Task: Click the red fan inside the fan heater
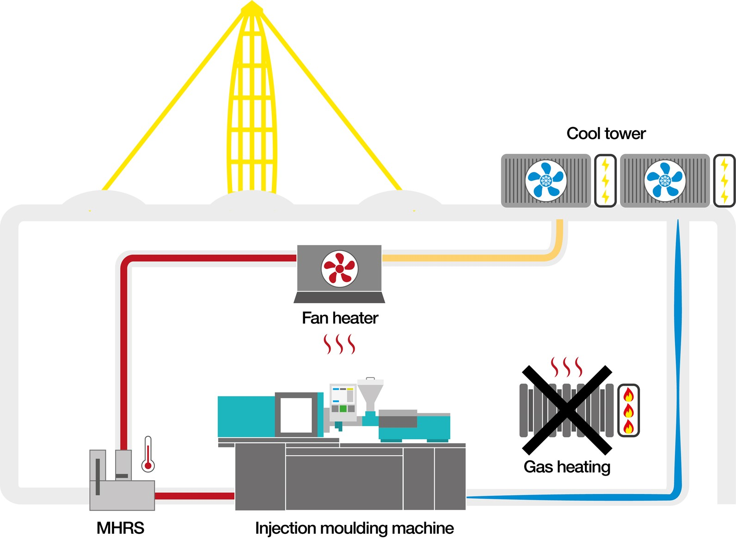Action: tap(339, 269)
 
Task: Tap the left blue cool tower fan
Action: tap(546, 181)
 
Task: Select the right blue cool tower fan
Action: tap(664, 181)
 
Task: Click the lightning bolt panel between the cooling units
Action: tap(605, 181)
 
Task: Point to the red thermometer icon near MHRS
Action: tap(148, 454)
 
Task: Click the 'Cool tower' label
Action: tap(606, 134)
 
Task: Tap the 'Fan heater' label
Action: tap(340, 318)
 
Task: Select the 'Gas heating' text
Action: tap(567, 467)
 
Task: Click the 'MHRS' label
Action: tap(120, 528)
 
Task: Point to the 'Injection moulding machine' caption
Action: tap(354, 528)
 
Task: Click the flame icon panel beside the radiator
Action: tap(628, 410)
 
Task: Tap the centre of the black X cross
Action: tap(567, 410)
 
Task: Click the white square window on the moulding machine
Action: tap(296, 415)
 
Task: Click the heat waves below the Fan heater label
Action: tap(339, 344)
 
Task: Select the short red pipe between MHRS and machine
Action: tap(194, 496)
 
